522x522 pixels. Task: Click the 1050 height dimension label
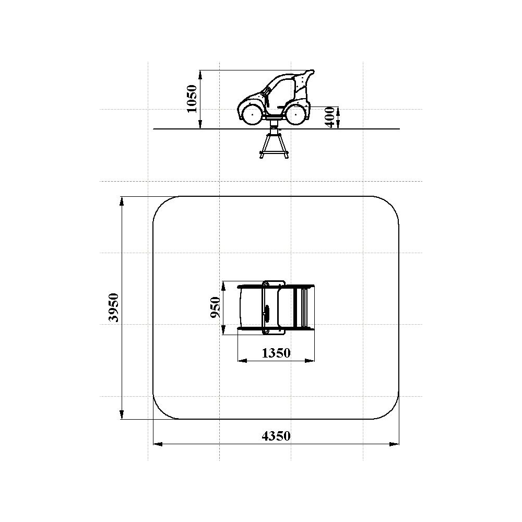point(192,99)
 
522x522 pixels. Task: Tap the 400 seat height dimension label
point(330,117)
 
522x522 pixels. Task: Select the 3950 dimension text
point(114,307)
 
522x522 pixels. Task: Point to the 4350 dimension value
point(276,436)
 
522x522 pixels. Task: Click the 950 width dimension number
point(216,307)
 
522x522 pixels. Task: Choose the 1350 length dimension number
point(276,353)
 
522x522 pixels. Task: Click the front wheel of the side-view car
point(252,114)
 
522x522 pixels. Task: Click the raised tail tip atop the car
point(311,71)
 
